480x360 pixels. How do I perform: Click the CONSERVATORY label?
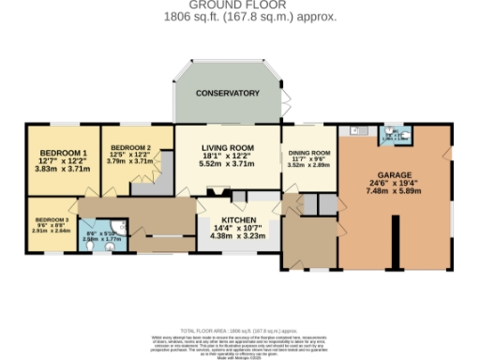[x=228, y=94]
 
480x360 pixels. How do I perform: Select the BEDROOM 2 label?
[x=130, y=148]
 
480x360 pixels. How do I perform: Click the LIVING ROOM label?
[x=228, y=148]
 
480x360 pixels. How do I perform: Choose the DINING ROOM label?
[x=308, y=153]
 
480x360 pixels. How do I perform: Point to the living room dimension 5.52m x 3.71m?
[x=228, y=165]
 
